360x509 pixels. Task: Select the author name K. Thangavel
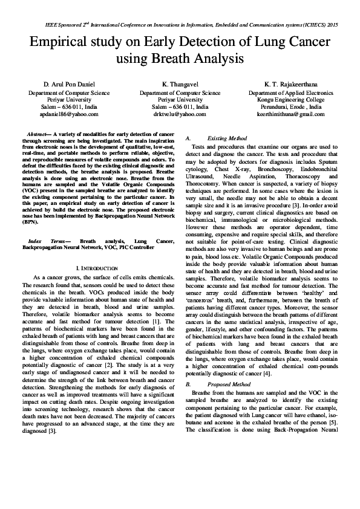180,83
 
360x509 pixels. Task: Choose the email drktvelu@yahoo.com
180,114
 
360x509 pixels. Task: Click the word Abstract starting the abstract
39,132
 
